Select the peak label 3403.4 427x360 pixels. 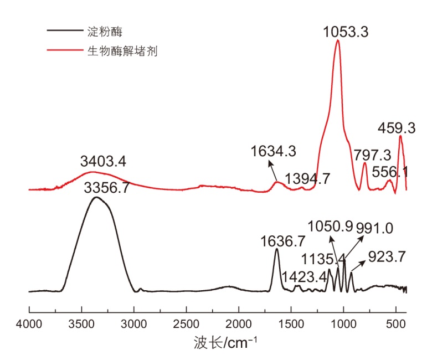pos(103,162)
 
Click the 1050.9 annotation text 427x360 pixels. pos(331,228)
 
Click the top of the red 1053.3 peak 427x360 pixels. pos(337,40)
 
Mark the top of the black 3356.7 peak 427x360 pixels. pos(96,197)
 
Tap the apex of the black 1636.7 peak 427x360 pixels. pos(277,249)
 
